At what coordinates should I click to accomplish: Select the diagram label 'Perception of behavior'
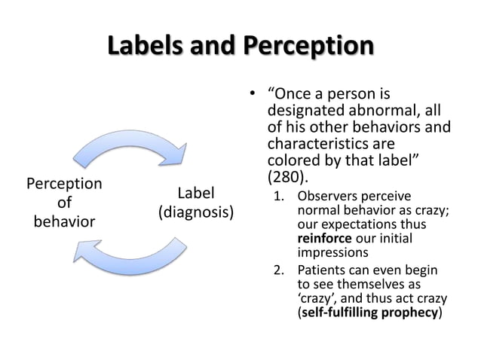point(65,203)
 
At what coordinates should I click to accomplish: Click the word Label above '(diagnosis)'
point(195,194)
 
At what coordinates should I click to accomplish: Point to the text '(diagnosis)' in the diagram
point(195,213)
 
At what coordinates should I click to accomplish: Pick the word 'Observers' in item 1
point(326,197)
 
